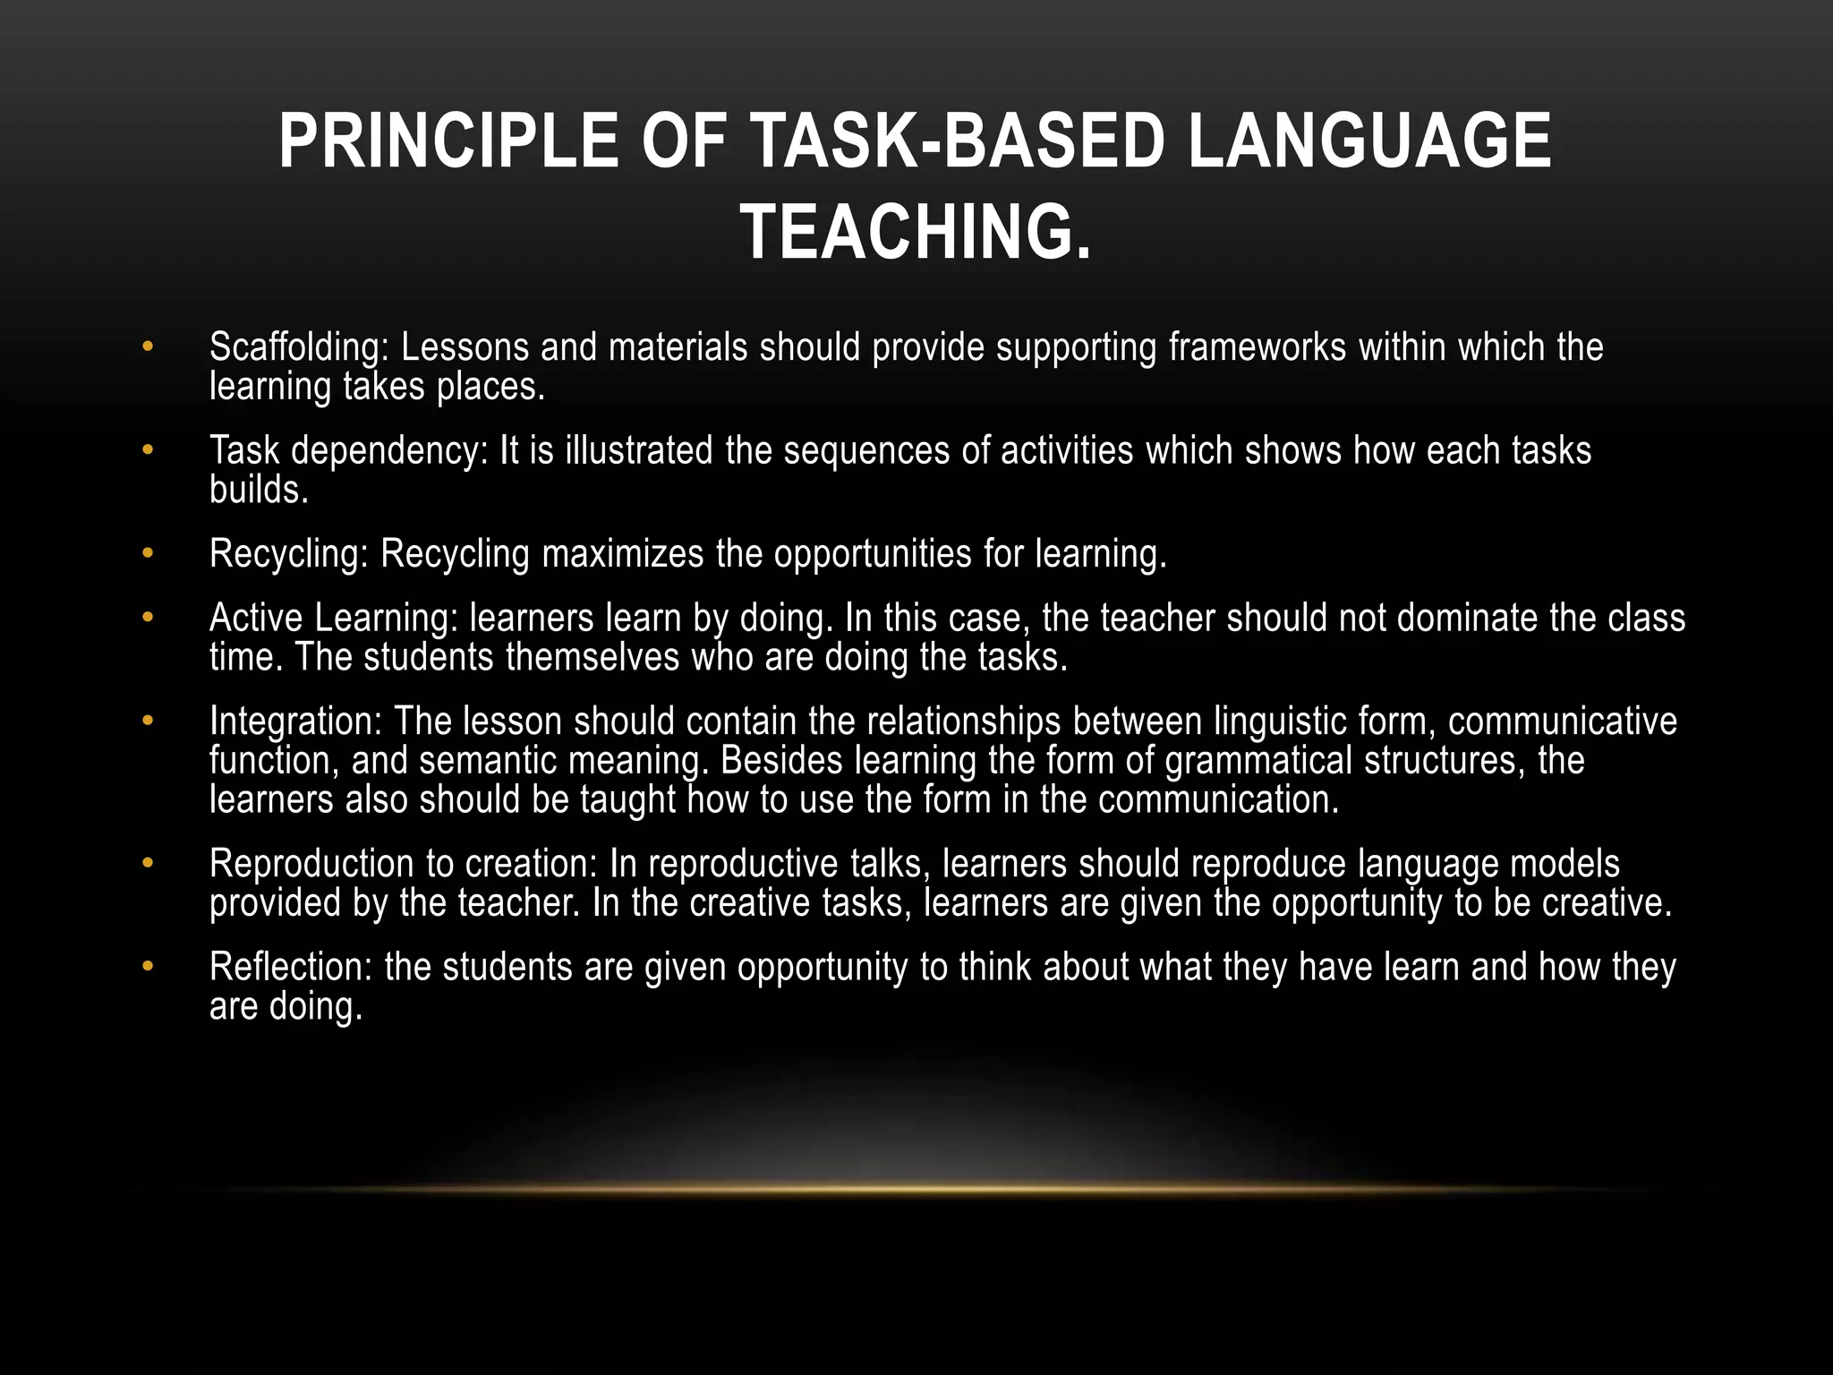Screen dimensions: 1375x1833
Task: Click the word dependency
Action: click(x=390, y=451)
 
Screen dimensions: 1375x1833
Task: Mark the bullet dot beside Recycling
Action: click(x=148, y=554)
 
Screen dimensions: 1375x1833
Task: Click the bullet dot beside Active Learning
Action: click(x=148, y=619)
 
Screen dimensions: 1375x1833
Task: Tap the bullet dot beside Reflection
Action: click(x=148, y=968)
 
